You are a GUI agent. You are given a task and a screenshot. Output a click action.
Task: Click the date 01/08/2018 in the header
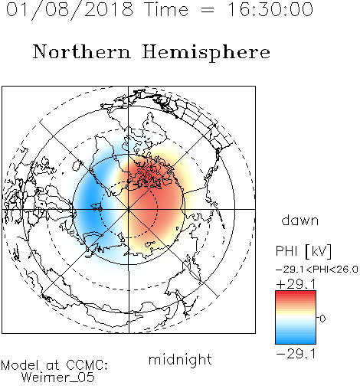(70, 10)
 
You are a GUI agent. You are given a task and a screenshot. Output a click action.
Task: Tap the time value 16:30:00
(270, 10)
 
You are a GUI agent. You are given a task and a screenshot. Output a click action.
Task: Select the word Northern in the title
(82, 51)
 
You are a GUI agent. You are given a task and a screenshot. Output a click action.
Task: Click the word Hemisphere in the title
(206, 52)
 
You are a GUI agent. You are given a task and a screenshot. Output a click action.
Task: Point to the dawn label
(300, 220)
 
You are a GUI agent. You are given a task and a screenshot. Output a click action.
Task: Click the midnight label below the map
(180, 360)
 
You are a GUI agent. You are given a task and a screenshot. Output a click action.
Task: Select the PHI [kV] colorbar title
(303, 251)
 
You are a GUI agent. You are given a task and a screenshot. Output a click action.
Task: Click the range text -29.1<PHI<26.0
(317, 270)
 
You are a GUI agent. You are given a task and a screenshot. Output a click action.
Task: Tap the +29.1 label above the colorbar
(296, 284)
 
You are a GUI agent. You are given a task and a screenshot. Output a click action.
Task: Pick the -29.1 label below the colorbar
(296, 354)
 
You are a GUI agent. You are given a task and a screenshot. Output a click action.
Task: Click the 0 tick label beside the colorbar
(322, 319)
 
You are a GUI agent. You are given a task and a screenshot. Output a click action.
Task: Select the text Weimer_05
(58, 378)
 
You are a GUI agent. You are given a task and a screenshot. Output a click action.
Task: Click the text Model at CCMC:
(54, 365)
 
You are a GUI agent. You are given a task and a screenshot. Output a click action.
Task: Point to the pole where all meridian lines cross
(129, 209)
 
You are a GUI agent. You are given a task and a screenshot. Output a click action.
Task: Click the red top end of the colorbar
(296, 293)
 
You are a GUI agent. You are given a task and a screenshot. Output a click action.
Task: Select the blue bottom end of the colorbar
(296, 341)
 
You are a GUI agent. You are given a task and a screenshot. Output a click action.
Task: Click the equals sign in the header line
(208, 11)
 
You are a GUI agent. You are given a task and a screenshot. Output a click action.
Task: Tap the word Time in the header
(166, 10)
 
